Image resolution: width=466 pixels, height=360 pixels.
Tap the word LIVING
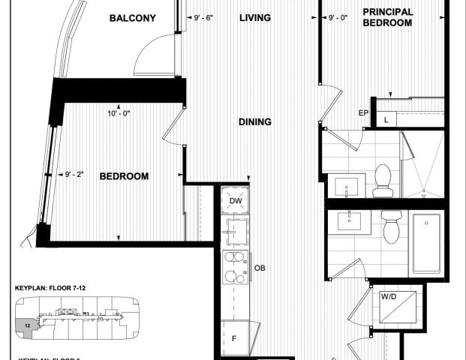point(255,18)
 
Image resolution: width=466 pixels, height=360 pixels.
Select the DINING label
point(255,122)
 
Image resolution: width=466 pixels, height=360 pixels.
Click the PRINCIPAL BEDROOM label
point(387,17)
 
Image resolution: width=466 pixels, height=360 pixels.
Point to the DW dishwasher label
point(235,200)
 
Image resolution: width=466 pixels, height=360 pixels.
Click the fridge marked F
point(233,339)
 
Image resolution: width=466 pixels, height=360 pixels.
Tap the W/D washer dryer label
point(389,297)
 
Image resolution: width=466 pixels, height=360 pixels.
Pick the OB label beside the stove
point(260,268)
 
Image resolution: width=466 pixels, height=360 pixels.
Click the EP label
point(363,113)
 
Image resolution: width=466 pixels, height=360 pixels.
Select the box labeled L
point(386,119)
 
